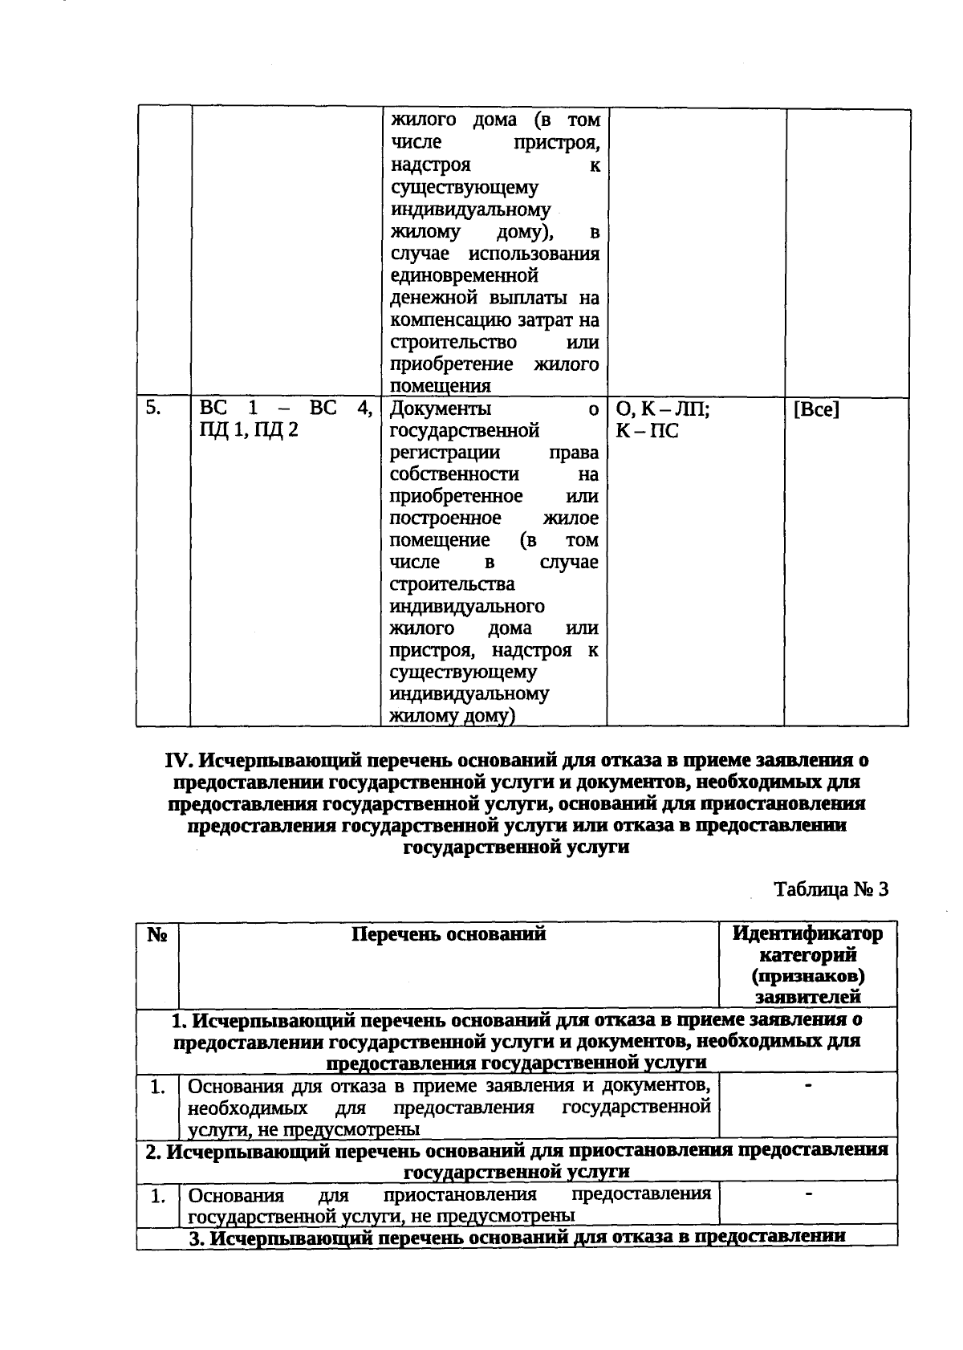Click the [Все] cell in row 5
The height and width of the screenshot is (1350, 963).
816,410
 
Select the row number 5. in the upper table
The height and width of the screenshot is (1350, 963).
154,409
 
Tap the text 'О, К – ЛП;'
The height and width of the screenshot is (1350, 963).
663,410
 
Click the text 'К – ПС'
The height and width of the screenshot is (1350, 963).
647,432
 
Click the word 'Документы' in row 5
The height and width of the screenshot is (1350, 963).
434,409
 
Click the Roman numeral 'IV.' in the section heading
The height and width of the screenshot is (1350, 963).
181,760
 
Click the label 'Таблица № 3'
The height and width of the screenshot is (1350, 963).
831,889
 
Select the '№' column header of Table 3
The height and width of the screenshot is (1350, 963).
156,935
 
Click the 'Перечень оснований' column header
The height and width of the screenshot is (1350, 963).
449,934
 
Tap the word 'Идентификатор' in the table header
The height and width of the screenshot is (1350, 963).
807,934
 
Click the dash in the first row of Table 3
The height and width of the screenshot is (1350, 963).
809,1086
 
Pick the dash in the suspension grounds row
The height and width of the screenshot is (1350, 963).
809,1194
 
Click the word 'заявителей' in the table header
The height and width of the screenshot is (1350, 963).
807,998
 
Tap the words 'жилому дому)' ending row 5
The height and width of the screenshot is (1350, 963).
451,717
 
